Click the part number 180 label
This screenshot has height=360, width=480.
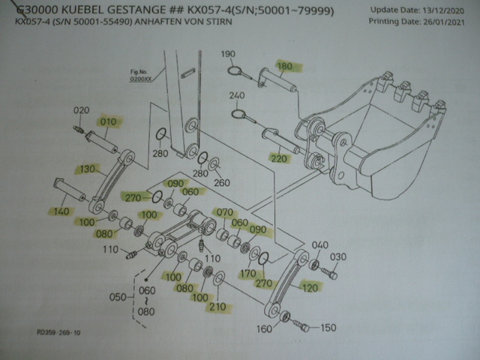coord(286,66)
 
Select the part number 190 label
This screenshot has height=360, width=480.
coord(229,54)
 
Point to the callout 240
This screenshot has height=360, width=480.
coord(237,96)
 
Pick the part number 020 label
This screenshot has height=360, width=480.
coord(80,112)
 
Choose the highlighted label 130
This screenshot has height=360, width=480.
coord(88,169)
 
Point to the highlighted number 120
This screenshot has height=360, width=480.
coord(309,286)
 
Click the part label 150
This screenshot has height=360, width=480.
coord(328,328)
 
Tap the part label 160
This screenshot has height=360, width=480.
coord(265,328)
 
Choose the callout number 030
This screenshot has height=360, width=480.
coord(339,257)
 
